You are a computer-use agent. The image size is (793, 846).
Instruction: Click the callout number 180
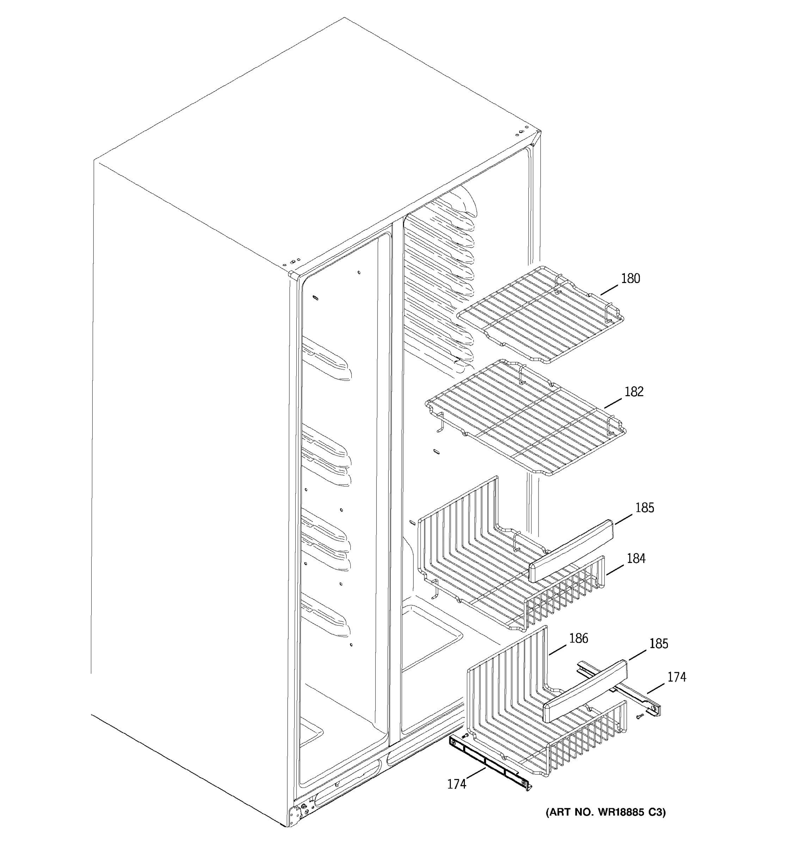(630, 279)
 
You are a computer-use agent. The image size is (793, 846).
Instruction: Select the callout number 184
(636, 558)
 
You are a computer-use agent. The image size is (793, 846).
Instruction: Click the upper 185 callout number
(645, 508)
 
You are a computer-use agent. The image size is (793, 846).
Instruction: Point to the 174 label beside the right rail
(676, 677)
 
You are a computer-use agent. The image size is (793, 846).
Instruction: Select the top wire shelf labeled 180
(540, 315)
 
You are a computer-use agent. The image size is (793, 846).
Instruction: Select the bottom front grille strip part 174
(489, 762)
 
